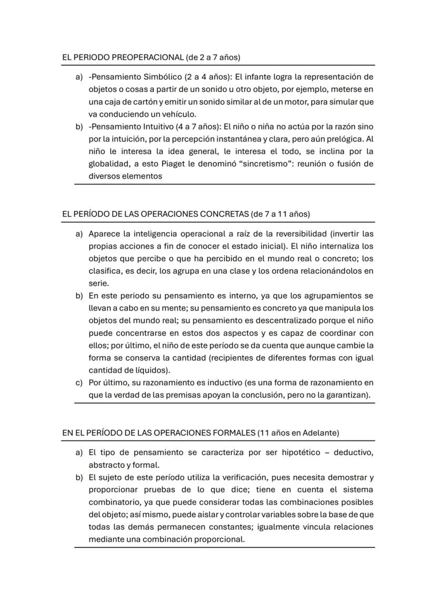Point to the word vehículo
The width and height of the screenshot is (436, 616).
[x=179, y=114]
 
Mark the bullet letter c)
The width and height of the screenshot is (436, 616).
[x=79, y=382]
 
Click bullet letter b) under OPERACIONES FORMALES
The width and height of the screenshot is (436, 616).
[x=79, y=477]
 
